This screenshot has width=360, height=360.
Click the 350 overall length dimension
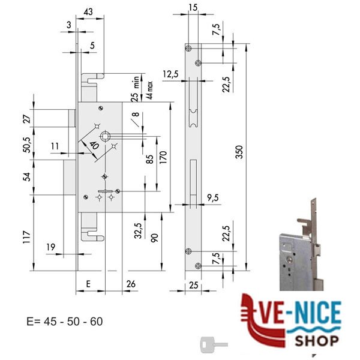coord(239,152)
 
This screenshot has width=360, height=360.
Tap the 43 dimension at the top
coord(88,11)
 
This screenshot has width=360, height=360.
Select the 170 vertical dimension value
coord(163,157)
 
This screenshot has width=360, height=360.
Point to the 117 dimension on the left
coord(27,237)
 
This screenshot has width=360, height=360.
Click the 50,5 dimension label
coord(27,145)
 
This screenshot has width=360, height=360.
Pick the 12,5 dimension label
coord(170,74)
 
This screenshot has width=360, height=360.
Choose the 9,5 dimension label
coord(213,197)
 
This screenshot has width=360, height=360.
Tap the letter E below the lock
coord(88,284)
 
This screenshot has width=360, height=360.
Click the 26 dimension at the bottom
coord(131,284)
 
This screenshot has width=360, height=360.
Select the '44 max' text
coord(149,90)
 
